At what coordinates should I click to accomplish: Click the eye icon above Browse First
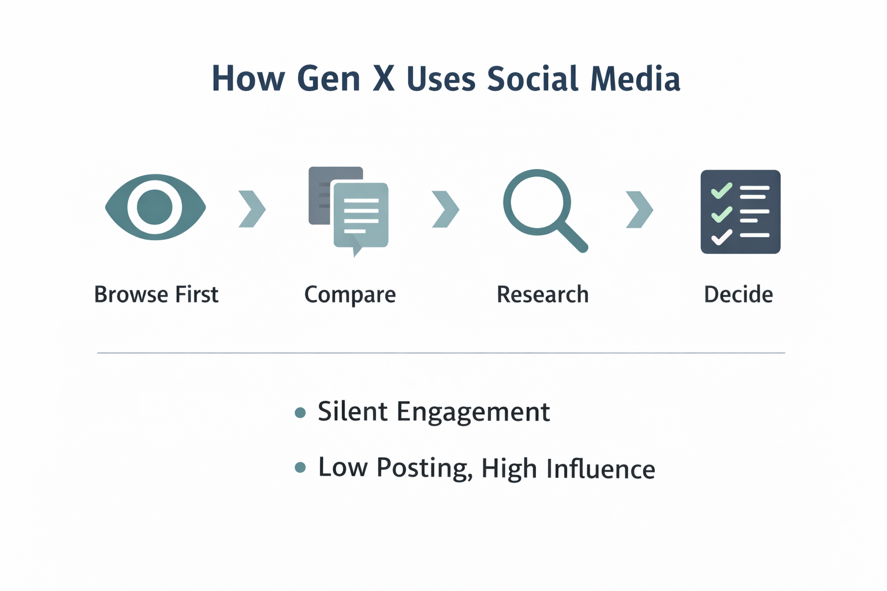click(x=155, y=207)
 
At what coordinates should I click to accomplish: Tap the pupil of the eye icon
click(x=155, y=207)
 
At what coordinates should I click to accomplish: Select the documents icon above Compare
click(x=349, y=211)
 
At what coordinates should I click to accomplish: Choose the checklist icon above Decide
click(x=740, y=212)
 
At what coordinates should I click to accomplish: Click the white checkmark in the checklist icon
click(x=721, y=237)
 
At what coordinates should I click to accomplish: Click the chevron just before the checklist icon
click(x=639, y=209)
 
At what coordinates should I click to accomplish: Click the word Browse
click(x=131, y=294)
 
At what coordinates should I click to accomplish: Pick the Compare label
click(x=350, y=295)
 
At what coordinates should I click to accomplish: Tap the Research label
click(x=542, y=294)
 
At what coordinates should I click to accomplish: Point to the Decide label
click(x=738, y=294)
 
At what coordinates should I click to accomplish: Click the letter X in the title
click(x=384, y=78)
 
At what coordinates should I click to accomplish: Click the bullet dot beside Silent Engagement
click(x=300, y=412)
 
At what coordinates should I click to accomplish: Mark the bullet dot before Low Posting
click(x=300, y=467)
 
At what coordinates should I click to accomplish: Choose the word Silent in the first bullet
click(x=352, y=412)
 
